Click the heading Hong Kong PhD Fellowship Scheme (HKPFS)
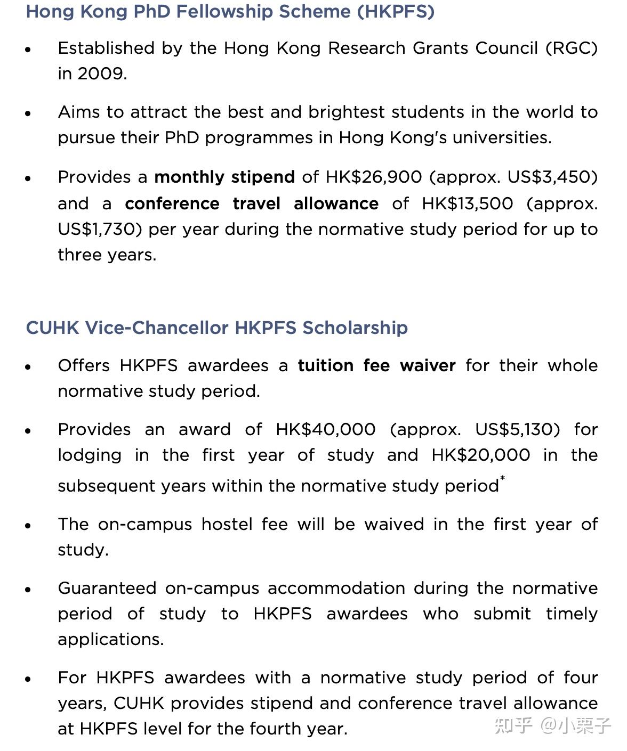point(230,12)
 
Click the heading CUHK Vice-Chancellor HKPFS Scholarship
point(217,328)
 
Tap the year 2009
point(101,74)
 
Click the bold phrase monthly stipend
point(224,177)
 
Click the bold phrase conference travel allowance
point(252,203)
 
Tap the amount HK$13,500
point(468,203)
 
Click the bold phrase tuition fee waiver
point(376,365)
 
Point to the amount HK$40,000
point(326,429)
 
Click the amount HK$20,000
point(481,455)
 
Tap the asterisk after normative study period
point(502,478)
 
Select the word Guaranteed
point(107,588)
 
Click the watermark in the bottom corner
point(552,725)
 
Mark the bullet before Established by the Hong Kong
point(28,50)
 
